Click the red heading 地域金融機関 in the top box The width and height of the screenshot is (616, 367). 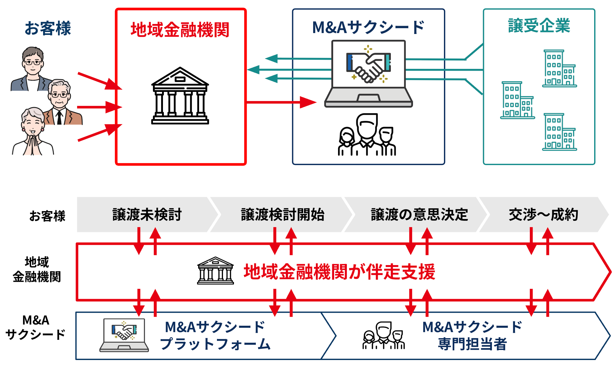(x=180, y=30)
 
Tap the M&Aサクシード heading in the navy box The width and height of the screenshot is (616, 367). (x=368, y=27)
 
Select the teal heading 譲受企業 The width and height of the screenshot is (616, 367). (x=539, y=25)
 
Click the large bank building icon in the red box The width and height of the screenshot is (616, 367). (x=180, y=96)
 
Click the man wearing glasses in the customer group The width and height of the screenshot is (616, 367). (x=32, y=69)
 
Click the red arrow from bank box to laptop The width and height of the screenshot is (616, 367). (x=281, y=102)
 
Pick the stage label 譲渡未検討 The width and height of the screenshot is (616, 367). (x=147, y=215)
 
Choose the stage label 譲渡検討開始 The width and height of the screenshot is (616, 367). (x=283, y=215)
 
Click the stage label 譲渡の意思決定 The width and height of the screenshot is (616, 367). (x=419, y=215)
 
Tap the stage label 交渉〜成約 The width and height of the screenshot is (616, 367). (x=543, y=215)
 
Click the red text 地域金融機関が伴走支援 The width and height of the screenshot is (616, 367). (x=340, y=271)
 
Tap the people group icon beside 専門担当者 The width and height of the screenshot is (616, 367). (x=384, y=335)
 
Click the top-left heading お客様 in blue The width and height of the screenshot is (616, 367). (x=48, y=28)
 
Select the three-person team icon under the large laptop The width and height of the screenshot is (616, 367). (x=367, y=135)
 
